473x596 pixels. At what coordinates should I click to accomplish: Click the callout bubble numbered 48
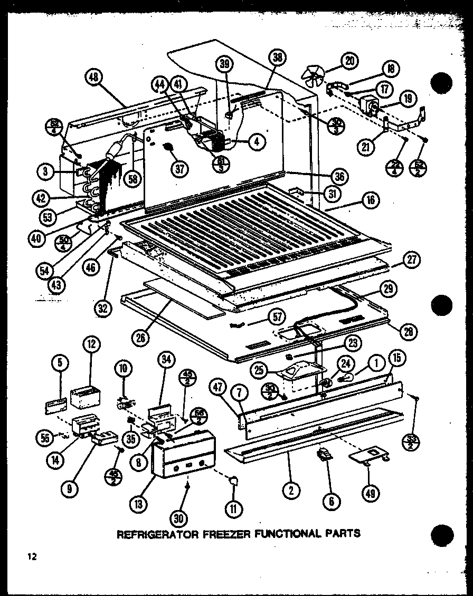coord(93,78)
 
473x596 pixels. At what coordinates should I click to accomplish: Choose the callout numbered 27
coord(411,259)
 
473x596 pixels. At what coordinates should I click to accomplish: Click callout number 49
coord(373,493)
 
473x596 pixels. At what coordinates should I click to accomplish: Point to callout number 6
coord(331,501)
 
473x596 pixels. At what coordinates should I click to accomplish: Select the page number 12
coord(33,557)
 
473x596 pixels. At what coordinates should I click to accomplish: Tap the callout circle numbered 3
coord(47,170)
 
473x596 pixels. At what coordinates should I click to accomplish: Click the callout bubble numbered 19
coord(408,98)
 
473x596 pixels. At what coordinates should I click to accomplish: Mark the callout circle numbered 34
coord(167,361)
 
